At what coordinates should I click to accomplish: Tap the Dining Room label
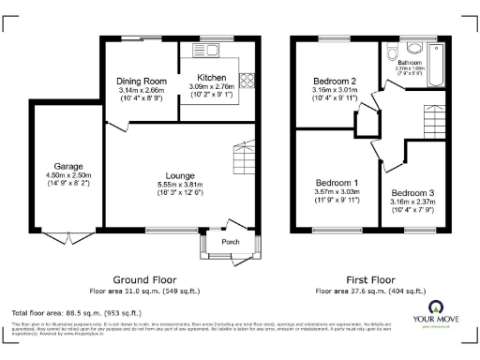tap(141, 82)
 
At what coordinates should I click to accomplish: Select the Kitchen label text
tap(211, 77)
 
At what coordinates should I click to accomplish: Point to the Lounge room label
tap(179, 175)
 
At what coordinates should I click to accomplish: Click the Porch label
tap(229, 240)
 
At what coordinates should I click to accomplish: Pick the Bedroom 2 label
tap(335, 82)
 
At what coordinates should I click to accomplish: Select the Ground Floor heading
tap(146, 279)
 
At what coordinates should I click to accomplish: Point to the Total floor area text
tap(76, 312)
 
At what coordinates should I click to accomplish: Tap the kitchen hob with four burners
tap(249, 82)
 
